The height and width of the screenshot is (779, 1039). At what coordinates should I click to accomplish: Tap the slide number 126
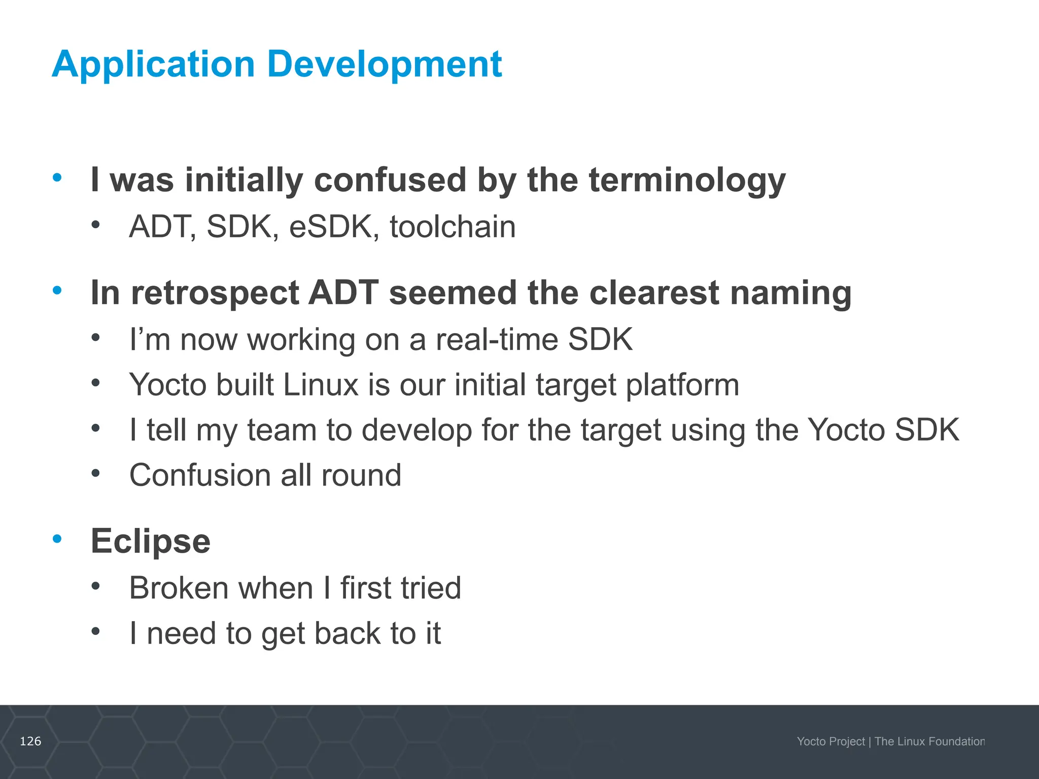pos(30,741)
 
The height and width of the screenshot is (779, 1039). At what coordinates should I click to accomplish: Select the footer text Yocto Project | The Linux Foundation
pos(890,741)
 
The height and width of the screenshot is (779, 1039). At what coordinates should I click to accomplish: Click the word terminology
pos(687,181)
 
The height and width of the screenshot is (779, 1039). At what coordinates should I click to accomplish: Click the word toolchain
pos(453,227)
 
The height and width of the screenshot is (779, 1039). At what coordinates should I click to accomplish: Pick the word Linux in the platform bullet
pos(321,384)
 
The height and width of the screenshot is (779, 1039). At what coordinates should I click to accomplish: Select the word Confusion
pos(200,475)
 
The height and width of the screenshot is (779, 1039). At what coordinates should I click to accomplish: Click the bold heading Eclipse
pos(150,542)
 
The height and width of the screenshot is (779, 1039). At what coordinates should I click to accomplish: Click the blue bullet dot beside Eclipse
pos(57,539)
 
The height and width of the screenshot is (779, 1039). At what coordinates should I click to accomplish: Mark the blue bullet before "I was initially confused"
pos(57,178)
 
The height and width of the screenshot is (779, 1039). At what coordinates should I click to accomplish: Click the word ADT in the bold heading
pos(343,293)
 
